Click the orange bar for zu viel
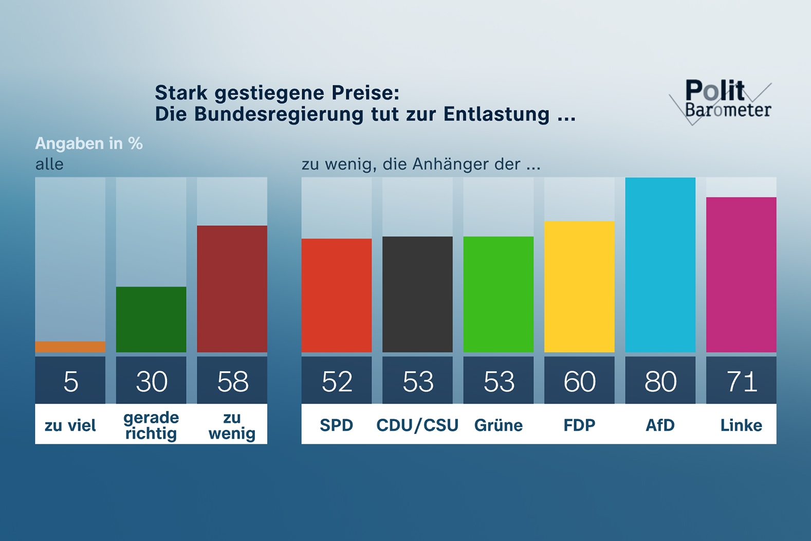click(70, 347)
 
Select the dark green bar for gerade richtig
click(151, 319)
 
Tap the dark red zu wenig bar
click(232, 288)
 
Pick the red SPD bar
click(336, 295)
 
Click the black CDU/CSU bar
click(417, 294)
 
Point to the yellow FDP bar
click(579, 286)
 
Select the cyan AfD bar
click(660, 265)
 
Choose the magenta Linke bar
click(741, 275)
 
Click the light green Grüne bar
click(498, 294)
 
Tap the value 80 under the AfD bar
click(660, 382)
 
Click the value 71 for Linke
click(741, 382)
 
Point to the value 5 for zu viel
click(70, 382)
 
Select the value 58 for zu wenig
click(232, 382)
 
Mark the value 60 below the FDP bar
click(579, 382)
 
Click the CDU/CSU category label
click(417, 425)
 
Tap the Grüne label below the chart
click(498, 425)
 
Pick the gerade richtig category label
click(151, 425)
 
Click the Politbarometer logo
click(725, 100)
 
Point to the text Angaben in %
click(89, 143)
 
